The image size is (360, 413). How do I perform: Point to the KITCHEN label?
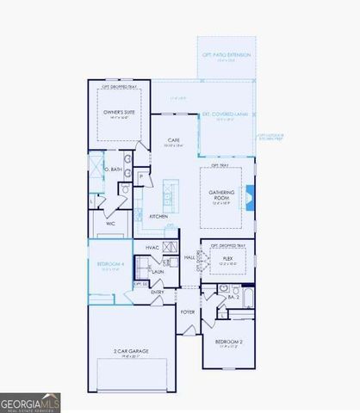click(158, 216)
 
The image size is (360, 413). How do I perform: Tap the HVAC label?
click(152, 248)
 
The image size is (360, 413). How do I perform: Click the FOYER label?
click(187, 311)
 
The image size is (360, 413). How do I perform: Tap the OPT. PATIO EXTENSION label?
click(227, 54)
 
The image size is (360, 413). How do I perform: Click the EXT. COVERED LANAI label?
click(227, 114)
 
